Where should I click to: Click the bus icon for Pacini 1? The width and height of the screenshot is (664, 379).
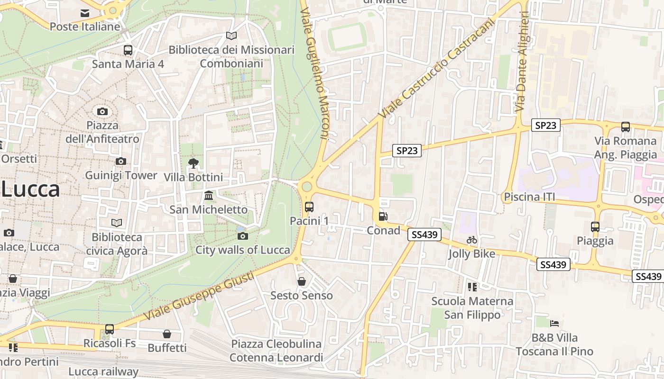tap(309, 207)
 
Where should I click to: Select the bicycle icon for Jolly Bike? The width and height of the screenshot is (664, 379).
tap(471, 240)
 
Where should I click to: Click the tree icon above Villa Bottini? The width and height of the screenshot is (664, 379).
tap(193, 163)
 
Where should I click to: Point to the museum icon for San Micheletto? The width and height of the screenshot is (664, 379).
tap(208, 195)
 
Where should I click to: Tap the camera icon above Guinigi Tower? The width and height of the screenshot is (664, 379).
tap(121, 161)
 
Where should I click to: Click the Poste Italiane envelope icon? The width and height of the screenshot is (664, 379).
tap(85, 13)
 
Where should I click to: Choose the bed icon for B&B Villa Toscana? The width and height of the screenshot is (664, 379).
tap(554, 324)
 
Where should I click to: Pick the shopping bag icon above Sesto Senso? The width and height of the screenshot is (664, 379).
tap(301, 281)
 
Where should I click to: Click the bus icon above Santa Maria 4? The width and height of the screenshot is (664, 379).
tap(128, 50)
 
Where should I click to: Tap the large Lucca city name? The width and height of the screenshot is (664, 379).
tap(30, 189)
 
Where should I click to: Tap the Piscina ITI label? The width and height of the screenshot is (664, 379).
tap(529, 197)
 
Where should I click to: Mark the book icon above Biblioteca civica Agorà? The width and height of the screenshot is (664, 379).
tap(117, 223)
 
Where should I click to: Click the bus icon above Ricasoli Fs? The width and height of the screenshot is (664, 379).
tap(110, 329)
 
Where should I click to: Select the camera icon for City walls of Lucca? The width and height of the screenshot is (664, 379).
tap(242, 236)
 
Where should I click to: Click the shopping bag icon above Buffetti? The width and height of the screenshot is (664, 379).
tap(166, 334)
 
